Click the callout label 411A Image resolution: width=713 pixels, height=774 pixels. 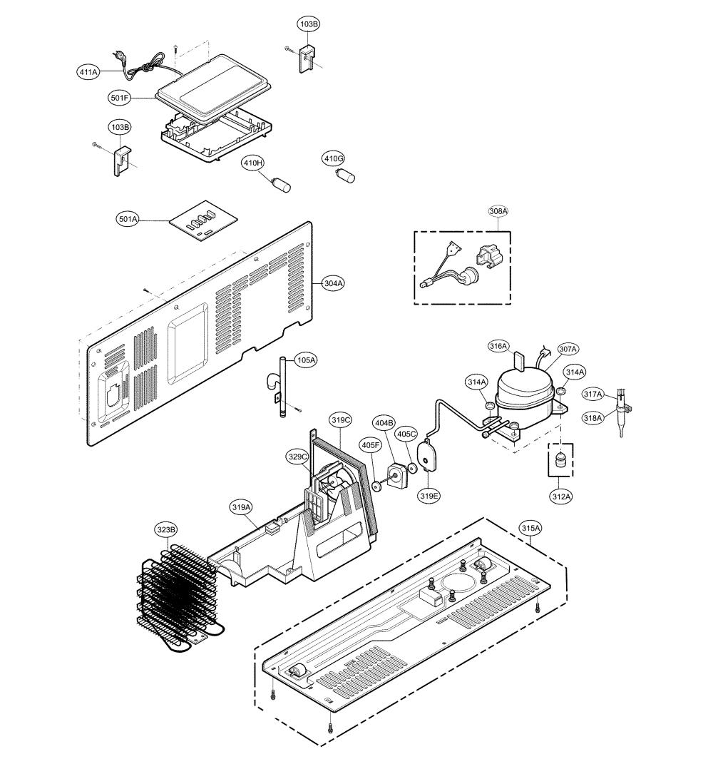[x=88, y=72]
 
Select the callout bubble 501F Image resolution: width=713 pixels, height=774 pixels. [x=119, y=98]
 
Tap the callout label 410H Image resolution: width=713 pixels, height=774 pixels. [x=252, y=163]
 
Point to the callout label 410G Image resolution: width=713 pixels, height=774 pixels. [x=334, y=158]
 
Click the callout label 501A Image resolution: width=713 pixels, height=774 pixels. [x=128, y=219]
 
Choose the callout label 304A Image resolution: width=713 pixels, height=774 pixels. [x=334, y=283]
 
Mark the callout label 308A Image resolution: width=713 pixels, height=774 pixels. [x=498, y=211]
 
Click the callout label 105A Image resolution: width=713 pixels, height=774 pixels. [x=306, y=360]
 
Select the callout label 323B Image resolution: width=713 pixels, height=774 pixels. [x=166, y=530]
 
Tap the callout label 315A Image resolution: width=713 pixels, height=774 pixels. [x=531, y=528]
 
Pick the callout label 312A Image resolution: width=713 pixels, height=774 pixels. [x=561, y=497]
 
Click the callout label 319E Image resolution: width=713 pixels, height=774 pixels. [x=429, y=496]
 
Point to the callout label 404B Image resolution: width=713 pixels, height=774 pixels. [x=384, y=422]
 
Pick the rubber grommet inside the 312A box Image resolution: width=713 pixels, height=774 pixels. [x=560, y=461]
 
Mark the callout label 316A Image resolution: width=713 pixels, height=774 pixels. [x=498, y=346]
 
